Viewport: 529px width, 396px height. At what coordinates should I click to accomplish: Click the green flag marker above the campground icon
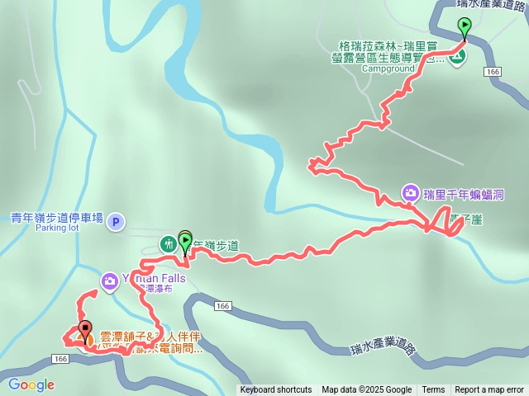[x=465, y=27]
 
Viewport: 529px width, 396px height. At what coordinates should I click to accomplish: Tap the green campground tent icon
[x=456, y=56]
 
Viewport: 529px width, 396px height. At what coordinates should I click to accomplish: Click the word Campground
[x=388, y=69]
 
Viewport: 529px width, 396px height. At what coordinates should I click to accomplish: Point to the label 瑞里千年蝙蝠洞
[x=464, y=195]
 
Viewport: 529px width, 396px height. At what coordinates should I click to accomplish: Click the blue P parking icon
[x=117, y=221]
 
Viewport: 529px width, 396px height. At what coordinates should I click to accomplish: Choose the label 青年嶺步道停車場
[x=57, y=218]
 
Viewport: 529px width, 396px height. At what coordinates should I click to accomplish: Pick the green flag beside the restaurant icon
[x=185, y=241]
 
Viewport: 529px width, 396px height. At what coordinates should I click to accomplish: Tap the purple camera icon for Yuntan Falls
[x=109, y=282]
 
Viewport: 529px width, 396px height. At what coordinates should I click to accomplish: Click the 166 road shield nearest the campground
[x=493, y=73]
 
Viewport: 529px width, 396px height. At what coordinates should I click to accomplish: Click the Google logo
[x=31, y=384]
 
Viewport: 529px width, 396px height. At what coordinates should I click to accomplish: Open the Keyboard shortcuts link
[x=276, y=390]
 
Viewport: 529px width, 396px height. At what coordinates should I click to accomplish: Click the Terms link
[x=433, y=390]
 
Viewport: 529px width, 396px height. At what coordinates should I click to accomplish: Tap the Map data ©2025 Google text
[x=366, y=390]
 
